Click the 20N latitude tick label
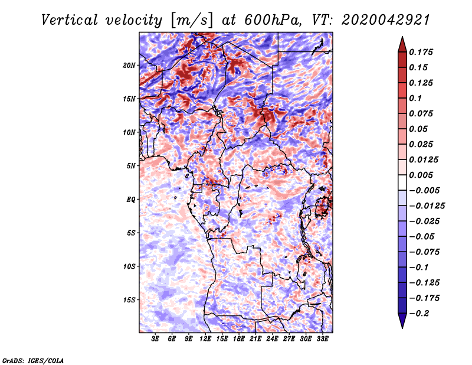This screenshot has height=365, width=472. coord(129,66)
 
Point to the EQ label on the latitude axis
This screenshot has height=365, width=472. coord(131,200)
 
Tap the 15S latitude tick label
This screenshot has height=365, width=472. coord(129,300)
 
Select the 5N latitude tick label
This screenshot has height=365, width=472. coord(131,166)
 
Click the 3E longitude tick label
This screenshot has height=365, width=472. coord(155,339)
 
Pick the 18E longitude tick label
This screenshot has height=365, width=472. coord(239,339)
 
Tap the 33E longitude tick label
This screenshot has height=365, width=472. coord(322,339)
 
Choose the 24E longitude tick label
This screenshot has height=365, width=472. coord(272,339)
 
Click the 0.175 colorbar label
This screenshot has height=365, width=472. coord(421,52)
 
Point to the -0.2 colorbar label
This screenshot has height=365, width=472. coord(419,314)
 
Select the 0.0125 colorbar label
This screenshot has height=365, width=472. coord(424,159)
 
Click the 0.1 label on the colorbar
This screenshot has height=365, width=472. coord(415,98)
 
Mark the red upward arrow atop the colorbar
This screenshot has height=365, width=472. coord(402,45)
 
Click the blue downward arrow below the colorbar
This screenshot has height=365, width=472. coord(402,321)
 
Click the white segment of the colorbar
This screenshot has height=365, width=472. coord(402,182)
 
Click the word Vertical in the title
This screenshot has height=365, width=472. coord(70,20)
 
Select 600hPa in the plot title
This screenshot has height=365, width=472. coord(272,20)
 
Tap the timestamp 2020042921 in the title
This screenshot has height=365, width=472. coord(386,20)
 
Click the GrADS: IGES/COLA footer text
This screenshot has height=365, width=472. coord(33,360)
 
